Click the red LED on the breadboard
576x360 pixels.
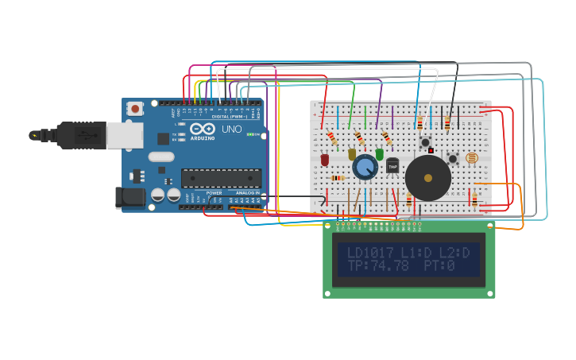pos(325,160)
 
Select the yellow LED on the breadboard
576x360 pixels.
pos(352,154)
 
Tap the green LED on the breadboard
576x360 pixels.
pos(379,154)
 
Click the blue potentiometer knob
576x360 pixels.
pos(365,168)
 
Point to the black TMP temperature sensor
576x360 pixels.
pos(392,165)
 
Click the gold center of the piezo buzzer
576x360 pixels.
pos(428,178)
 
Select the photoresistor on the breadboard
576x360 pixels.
pos(471,158)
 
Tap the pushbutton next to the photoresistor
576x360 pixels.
pos(453,158)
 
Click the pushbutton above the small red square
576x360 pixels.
pos(425,141)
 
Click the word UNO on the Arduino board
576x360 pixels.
pos(231,129)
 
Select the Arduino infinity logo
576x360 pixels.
pos(203,129)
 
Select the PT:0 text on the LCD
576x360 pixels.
pos(439,266)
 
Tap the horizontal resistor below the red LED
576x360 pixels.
pos(338,178)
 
